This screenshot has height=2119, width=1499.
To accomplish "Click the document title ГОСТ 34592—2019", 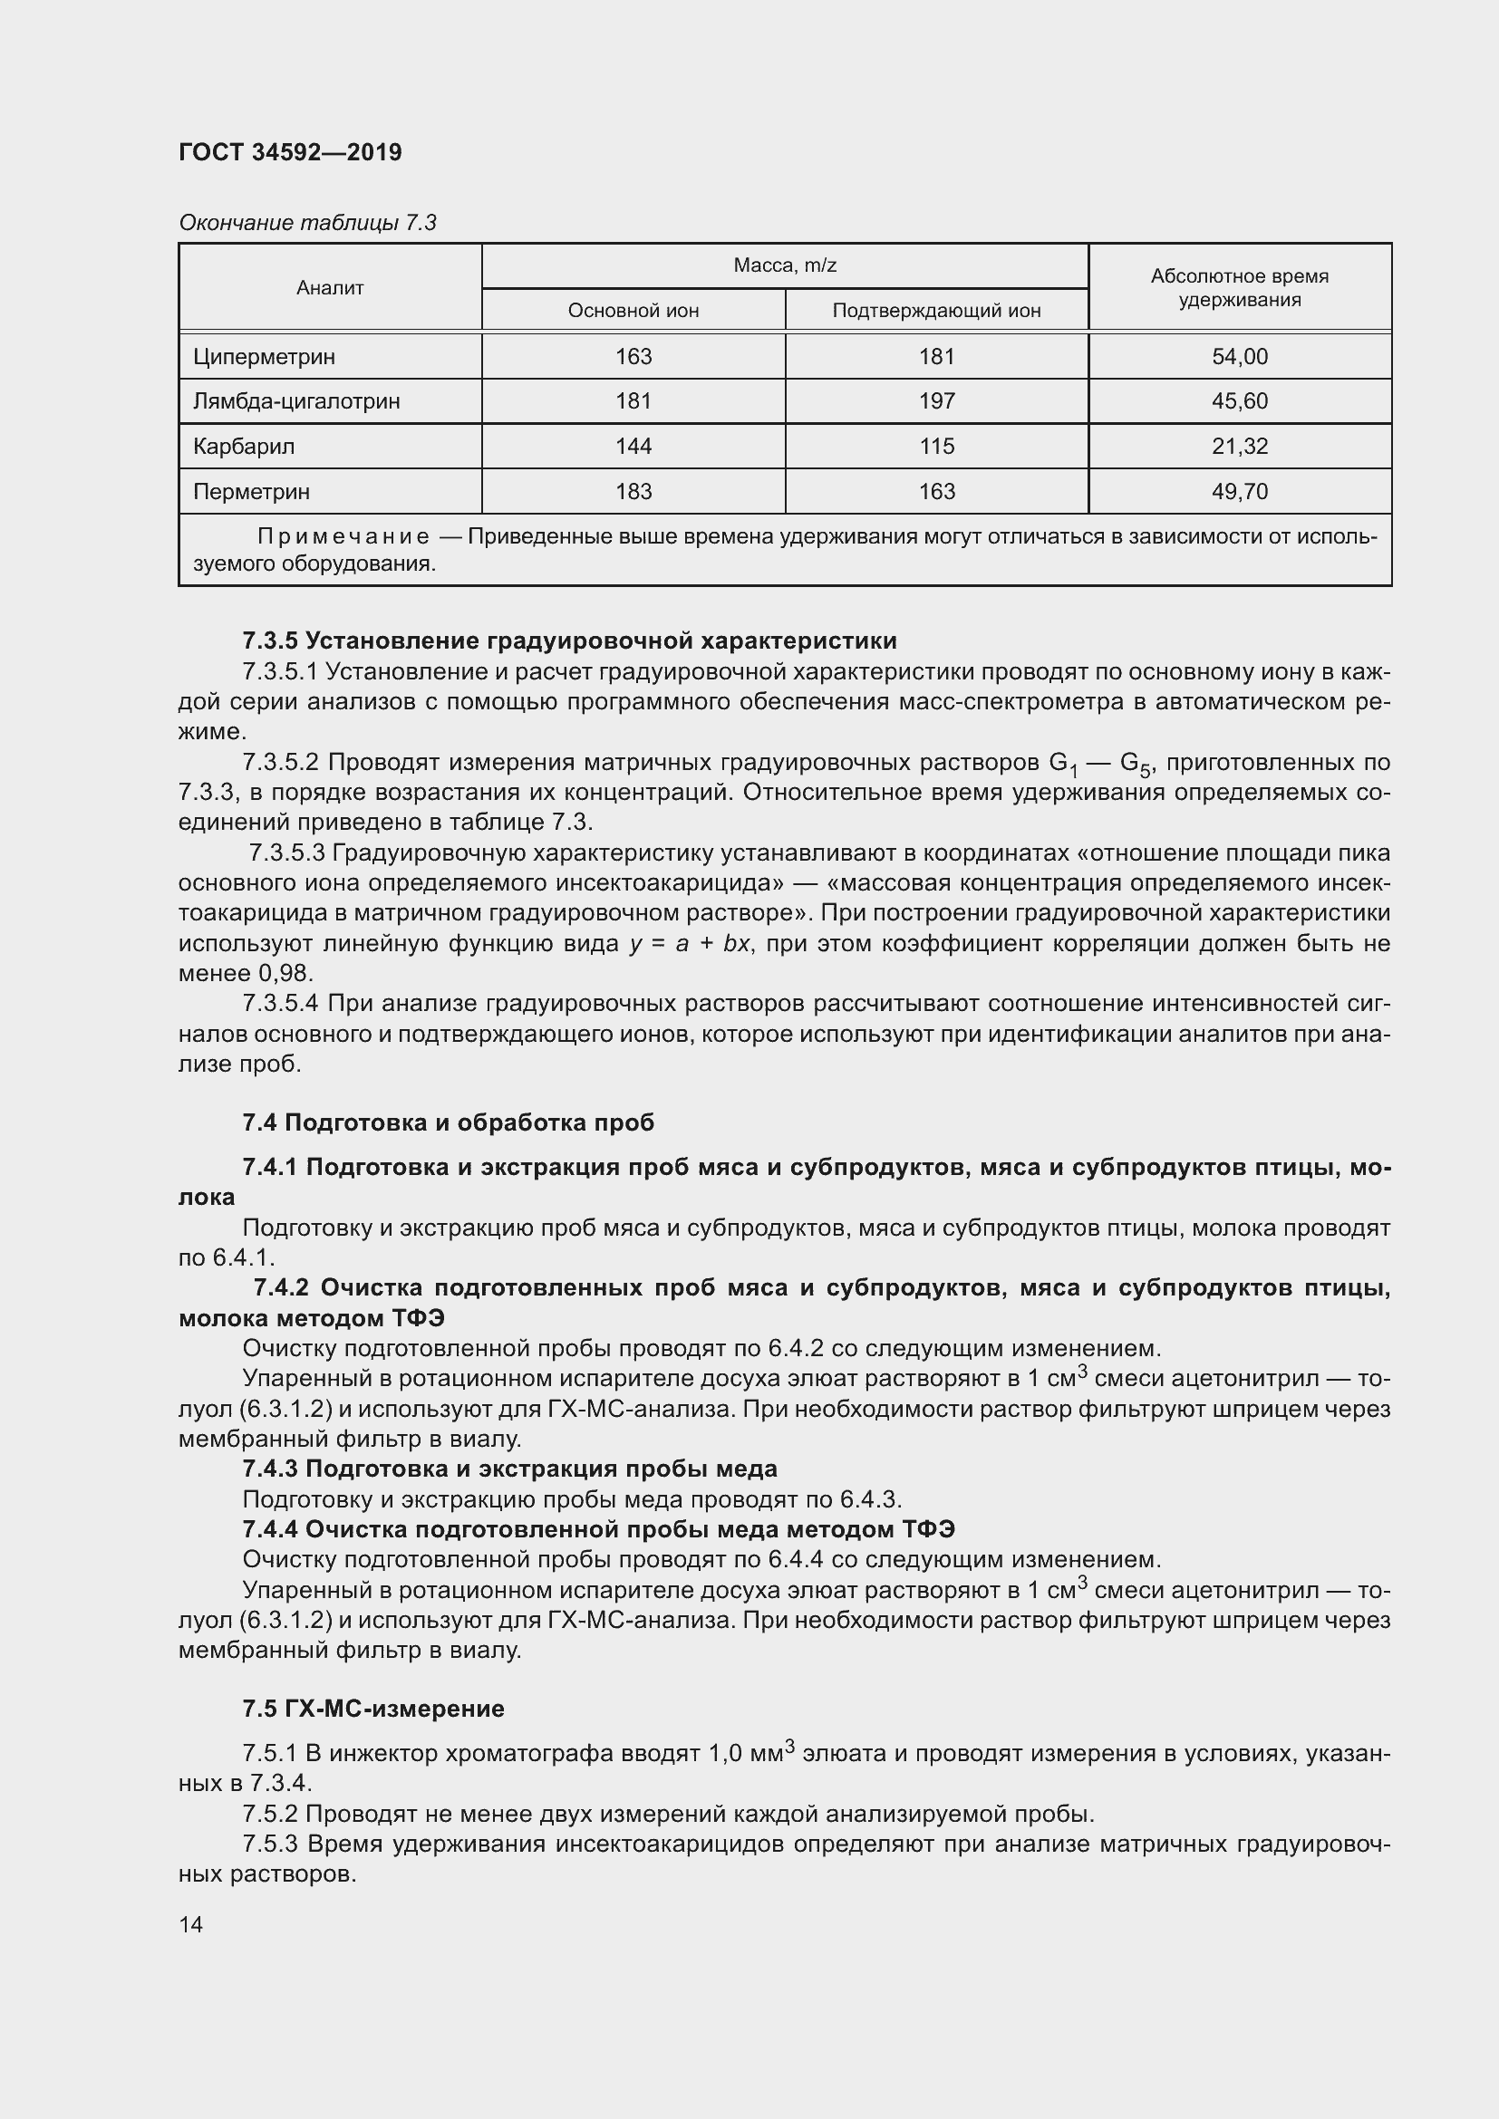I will click(x=290, y=152).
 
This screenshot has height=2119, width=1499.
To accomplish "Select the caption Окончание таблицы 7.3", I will click(x=307, y=223).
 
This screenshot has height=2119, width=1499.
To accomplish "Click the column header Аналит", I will click(x=330, y=288).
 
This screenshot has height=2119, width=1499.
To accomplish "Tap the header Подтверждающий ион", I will click(x=936, y=311).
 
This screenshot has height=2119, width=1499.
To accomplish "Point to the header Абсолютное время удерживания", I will click(x=1239, y=288).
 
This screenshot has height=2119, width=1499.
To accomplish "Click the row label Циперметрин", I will click(x=264, y=356).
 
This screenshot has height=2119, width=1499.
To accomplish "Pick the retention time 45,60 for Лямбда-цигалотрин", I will click(x=1239, y=401).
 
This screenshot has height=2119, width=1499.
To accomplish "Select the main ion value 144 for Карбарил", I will click(x=633, y=447).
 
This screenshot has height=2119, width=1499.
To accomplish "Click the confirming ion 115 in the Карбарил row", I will click(x=936, y=447).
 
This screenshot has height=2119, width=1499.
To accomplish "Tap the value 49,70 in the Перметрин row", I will click(x=1239, y=492).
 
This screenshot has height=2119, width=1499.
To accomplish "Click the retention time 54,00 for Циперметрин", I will click(x=1239, y=356).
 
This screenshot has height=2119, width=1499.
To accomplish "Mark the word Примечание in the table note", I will click(x=343, y=537).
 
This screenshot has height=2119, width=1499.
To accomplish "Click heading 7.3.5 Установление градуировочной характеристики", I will click(x=568, y=641).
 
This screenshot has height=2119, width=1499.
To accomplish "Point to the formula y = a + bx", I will click(x=690, y=944).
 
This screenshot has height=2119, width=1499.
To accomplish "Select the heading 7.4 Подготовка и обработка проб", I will click(x=448, y=1122).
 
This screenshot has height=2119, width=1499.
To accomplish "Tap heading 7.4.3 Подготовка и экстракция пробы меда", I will click(x=509, y=1469).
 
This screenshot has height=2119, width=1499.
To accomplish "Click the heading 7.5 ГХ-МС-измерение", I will click(x=372, y=1710).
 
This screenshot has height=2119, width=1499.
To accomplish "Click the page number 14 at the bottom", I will click(x=191, y=1924).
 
